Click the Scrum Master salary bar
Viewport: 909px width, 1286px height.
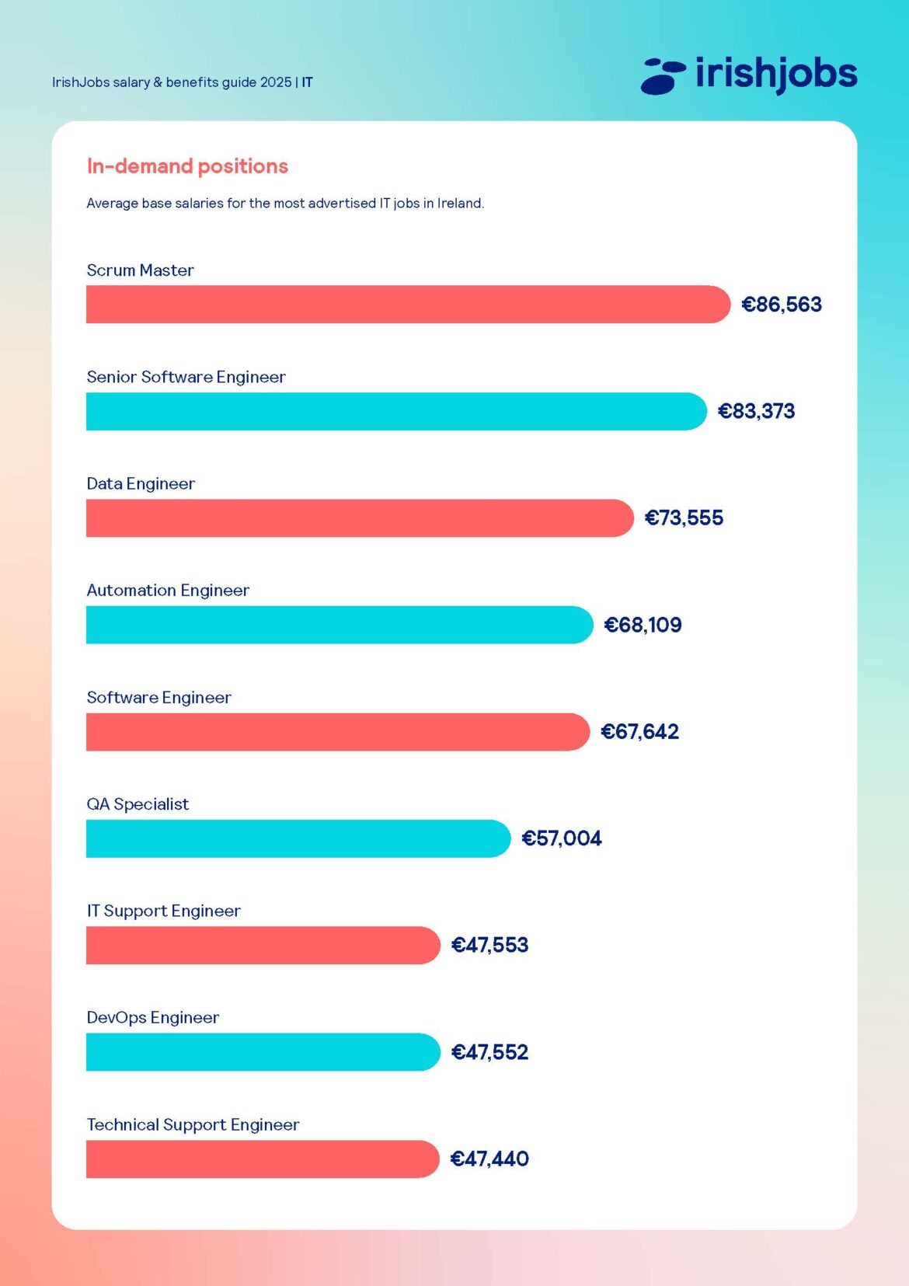408,304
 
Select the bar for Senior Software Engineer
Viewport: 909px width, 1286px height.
396,411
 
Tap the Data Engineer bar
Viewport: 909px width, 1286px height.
360,518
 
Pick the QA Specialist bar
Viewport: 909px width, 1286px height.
298,838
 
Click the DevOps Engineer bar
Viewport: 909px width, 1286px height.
263,1052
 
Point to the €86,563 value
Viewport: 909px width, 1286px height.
781,305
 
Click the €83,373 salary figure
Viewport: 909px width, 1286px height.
756,411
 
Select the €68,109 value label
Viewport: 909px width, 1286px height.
643,625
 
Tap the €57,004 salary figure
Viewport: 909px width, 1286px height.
561,838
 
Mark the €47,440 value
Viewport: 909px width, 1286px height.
489,1159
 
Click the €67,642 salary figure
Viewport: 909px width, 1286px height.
639,732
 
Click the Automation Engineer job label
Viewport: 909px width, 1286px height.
168,591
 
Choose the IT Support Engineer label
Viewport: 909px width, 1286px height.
163,911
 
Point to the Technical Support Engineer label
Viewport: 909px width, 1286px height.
193,1124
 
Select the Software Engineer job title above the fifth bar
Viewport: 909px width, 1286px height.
158,698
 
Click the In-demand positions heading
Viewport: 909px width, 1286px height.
187,166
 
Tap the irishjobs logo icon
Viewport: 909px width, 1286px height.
663,76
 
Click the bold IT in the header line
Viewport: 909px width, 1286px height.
308,82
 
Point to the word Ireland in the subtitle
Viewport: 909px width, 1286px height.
460,204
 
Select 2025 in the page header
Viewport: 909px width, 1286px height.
276,82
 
